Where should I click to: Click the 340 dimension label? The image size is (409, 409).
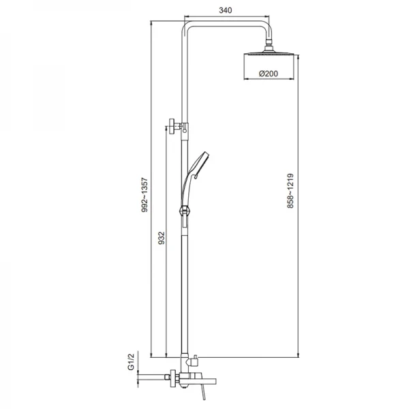coord(226,10)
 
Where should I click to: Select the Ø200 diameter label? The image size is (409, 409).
coord(269,74)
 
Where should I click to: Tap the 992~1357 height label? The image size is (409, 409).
coord(145,195)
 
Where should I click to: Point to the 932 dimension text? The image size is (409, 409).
coord(162,238)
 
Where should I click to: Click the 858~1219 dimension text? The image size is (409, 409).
coord(290,191)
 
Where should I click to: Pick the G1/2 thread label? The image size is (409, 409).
coord(131,361)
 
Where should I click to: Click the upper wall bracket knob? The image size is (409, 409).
coord(172,126)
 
